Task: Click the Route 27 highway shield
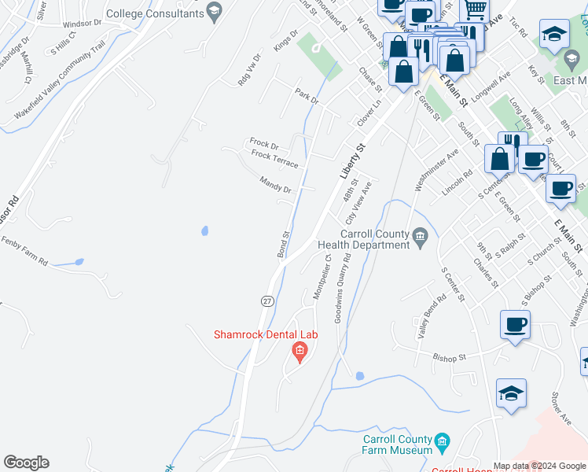coord(267,301)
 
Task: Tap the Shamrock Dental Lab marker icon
coord(299,351)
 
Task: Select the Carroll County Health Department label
coord(374,239)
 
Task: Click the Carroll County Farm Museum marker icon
coord(442,440)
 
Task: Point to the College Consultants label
coord(154,13)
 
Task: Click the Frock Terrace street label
coord(274,159)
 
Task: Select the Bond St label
coord(283,243)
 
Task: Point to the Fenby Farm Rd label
coord(24,251)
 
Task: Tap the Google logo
coord(26,463)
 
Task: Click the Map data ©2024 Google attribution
coord(538,466)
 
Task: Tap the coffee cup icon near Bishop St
coord(515,325)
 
